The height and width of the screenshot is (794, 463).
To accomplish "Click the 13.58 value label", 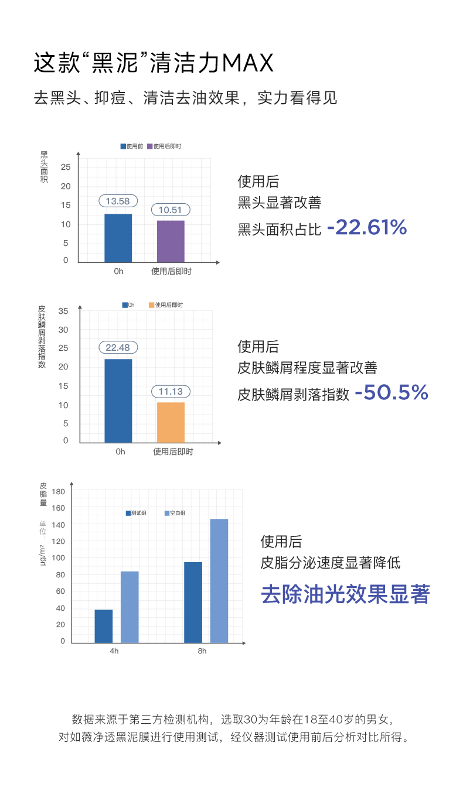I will [x=118, y=201].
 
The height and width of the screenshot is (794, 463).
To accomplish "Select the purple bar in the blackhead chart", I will [x=171, y=241].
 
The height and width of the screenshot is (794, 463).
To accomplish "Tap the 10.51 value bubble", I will [x=171, y=210].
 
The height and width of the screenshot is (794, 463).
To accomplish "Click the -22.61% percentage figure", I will [x=367, y=227].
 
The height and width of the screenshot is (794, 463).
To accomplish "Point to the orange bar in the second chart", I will [x=171, y=422].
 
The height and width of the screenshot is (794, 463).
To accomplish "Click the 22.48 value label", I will [x=118, y=347].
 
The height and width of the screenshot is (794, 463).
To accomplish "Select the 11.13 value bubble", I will [x=171, y=392].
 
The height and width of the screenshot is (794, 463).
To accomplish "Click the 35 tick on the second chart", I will [x=63, y=310].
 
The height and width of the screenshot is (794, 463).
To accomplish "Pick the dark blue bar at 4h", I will [x=104, y=626].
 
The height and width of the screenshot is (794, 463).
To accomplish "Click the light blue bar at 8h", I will [x=219, y=581].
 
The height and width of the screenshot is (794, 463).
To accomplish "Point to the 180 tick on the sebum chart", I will [x=59, y=491].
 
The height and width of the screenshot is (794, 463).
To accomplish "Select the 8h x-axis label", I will [x=202, y=651].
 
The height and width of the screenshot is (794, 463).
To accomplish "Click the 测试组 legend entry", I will [x=137, y=513].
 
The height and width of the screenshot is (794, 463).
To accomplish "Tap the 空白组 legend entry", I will [x=175, y=513].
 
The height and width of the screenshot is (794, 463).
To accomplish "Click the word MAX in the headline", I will [x=248, y=63].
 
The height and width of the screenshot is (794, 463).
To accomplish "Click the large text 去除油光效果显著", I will [x=345, y=594].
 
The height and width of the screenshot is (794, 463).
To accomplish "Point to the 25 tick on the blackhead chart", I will [x=65, y=167].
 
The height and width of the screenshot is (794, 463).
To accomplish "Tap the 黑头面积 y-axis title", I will [x=44, y=167].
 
